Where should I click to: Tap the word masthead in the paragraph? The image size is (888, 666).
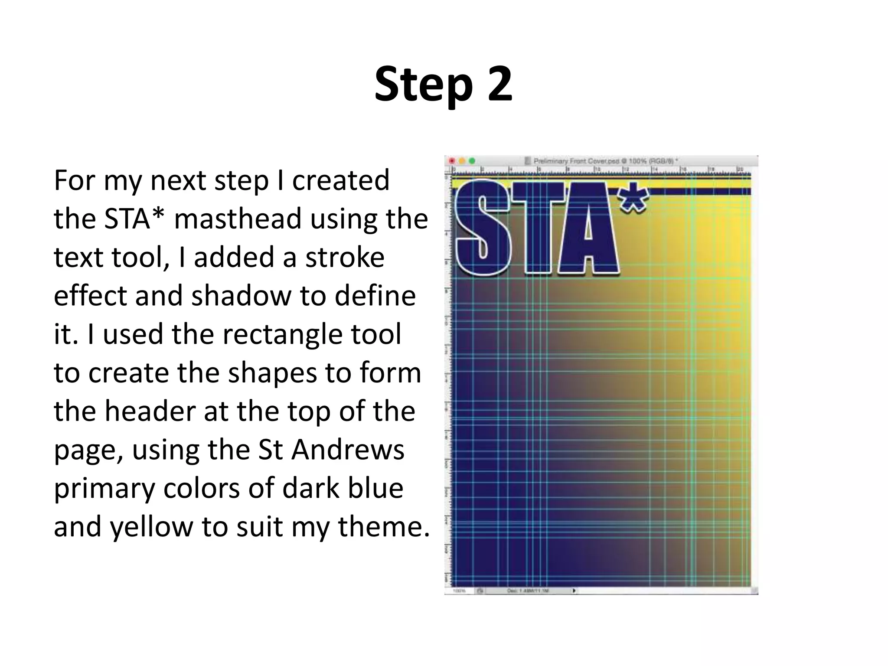pos(237,219)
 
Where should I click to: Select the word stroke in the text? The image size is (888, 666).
pos(345,257)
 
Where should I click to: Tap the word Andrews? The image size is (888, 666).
pos(348,450)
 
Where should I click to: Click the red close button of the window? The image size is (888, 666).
pos(452,161)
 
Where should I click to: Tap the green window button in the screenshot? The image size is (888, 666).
pos(472,161)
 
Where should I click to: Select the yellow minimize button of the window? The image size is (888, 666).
pos(462,161)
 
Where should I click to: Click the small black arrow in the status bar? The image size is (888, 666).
pos(575,591)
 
